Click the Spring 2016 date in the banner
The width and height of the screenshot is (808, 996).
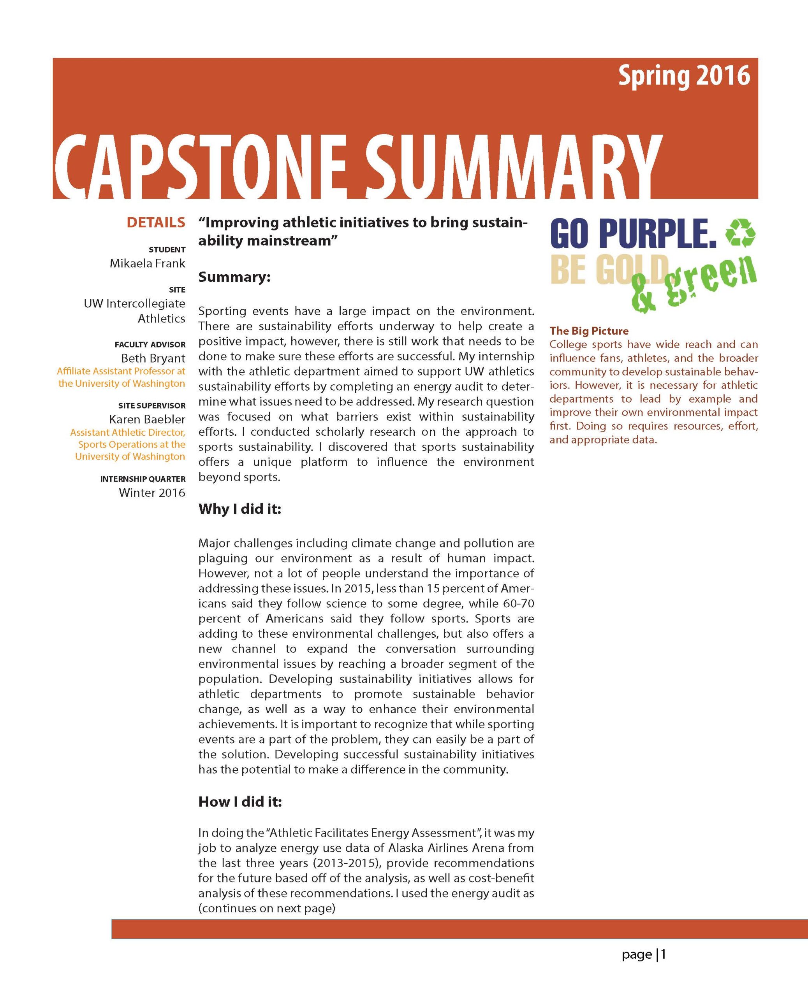click(684, 76)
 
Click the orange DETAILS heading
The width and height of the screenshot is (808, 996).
click(156, 222)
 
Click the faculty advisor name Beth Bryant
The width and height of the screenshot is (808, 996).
click(153, 358)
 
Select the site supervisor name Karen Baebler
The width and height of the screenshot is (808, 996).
click(147, 419)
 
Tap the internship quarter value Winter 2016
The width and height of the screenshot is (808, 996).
click(152, 493)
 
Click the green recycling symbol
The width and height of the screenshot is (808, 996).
click(741, 233)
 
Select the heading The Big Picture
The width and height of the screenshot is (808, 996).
click(589, 331)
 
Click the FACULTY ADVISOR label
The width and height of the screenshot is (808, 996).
click(150, 345)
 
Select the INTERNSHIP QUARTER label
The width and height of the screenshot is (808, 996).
click(143, 479)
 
